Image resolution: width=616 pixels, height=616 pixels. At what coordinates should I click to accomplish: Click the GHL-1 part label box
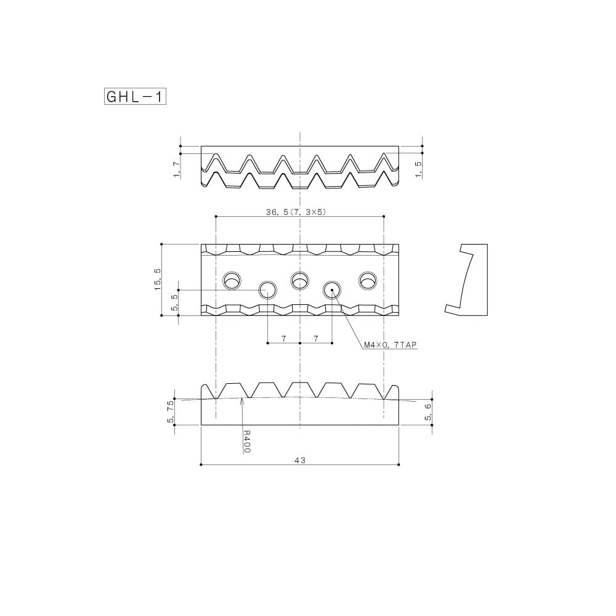point(136,97)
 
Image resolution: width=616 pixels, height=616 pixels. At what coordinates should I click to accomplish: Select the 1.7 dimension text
point(177,169)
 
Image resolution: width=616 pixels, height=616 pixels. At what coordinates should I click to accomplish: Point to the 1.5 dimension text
point(418,171)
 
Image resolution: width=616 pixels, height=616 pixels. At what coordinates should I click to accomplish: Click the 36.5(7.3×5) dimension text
point(295,211)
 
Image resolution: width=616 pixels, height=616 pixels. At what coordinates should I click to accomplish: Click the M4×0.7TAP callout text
point(391,346)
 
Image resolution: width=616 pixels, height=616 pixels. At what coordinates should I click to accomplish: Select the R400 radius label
point(247,442)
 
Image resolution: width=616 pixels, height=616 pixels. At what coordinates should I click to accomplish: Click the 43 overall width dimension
point(300,460)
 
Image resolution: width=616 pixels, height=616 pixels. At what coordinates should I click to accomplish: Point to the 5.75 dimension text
point(171,411)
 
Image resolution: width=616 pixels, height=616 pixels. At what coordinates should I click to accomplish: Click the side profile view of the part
point(466,279)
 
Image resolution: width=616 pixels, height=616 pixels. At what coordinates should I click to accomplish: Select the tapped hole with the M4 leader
point(332,289)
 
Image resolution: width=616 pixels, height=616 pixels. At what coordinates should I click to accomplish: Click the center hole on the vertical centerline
point(300,280)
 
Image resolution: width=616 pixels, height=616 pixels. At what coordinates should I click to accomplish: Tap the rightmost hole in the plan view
point(368,280)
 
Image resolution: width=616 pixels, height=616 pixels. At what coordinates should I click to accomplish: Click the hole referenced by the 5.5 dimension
point(267,289)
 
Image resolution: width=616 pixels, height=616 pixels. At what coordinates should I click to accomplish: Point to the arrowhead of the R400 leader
point(243,400)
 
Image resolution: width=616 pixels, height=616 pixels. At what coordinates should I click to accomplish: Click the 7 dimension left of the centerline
point(283,338)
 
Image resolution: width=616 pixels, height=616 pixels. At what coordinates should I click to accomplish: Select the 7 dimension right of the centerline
point(316,338)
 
